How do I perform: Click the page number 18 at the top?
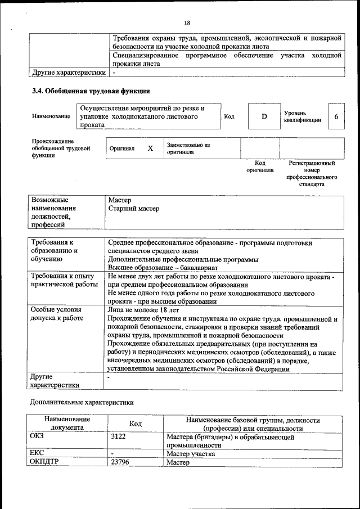tap(187, 23)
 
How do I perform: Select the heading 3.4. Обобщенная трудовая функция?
tap(90, 91)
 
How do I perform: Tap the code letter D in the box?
tap(264, 116)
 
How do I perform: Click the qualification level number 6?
tap(336, 116)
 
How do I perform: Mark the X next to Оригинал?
tap(150, 148)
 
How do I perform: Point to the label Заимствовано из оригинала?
tap(188, 148)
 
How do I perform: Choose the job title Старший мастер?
tap(133, 209)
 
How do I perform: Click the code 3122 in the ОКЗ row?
tap(119, 436)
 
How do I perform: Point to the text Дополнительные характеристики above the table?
tap(82, 402)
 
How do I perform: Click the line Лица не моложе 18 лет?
tap(143, 309)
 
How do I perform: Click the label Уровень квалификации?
tap(303, 116)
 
